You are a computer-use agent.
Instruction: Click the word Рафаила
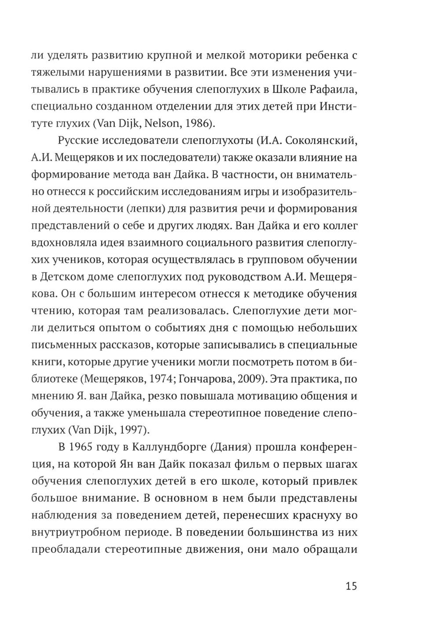[x=332, y=90]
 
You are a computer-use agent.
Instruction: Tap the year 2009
[x=249, y=379]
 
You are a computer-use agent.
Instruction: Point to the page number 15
[x=351, y=586]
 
